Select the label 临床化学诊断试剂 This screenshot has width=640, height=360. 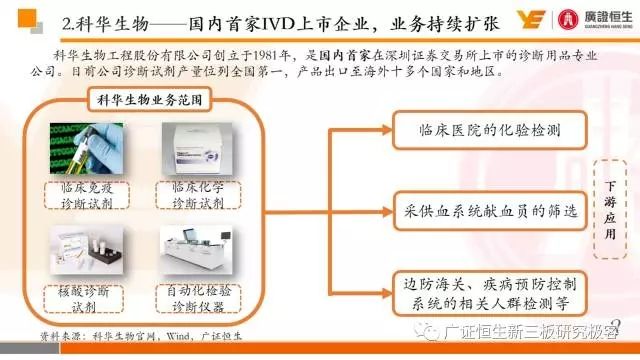197,194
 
